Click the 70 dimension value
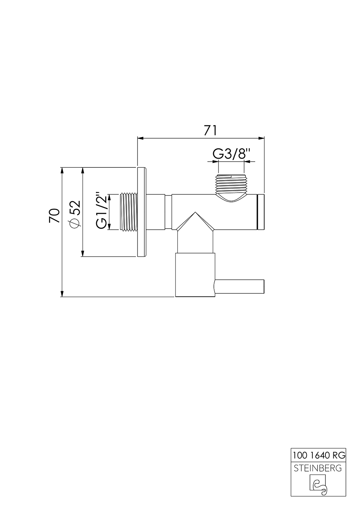54,216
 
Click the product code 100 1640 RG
319,455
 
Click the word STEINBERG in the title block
319,468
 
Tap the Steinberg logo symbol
318,485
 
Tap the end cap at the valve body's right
261,212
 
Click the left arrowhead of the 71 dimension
140,138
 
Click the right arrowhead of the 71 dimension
262,138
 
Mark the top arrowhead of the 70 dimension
62,170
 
